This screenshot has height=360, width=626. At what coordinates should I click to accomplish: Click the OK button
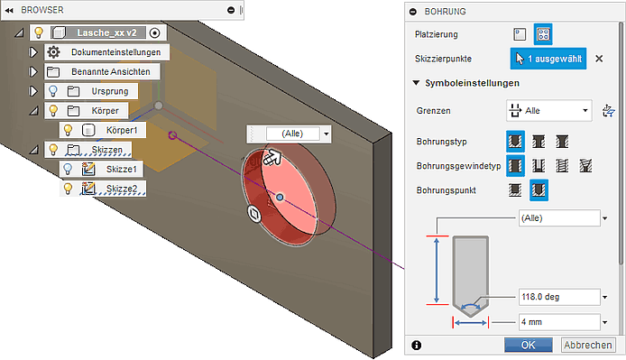click(x=529, y=345)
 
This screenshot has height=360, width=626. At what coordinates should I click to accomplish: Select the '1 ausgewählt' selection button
click(x=548, y=59)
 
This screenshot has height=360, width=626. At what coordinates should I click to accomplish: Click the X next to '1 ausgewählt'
click(x=599, y=59)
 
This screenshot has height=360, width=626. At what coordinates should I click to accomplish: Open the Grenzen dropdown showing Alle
click(x=549, y=111)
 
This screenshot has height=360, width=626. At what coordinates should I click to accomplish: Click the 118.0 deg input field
click(x=559, y=297)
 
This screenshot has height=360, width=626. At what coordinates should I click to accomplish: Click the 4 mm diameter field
click(x=559, y=322)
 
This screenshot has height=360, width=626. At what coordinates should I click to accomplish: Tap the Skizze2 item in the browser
click(x=122, y=189)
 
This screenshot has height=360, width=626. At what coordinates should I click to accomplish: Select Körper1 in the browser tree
click(x=122, y=130)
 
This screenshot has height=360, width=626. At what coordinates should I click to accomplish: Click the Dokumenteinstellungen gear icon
click(x=53, y=52)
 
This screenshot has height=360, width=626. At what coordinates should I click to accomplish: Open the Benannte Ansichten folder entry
click(x=111, y=72)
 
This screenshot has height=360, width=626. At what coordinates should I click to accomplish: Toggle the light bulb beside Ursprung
click(x=53, y=91)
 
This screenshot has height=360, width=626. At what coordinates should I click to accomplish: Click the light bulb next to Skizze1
click(x=68, y=169)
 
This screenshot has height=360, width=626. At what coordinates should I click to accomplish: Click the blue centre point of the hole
click(x=280, y=197)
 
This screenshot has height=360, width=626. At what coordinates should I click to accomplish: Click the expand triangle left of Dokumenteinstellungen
click(x=33, y=52)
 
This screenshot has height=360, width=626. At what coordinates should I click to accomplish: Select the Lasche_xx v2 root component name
click(x=106, y=32)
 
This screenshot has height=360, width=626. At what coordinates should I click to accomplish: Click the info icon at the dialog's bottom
click(x=416, y=345)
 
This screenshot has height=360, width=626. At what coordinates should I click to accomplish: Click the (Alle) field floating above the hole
click(x=292, y=134)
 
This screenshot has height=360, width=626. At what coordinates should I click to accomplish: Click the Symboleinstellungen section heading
click(x=473, y=83)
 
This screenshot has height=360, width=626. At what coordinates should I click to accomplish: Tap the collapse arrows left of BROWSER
click(x=9, y=11)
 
